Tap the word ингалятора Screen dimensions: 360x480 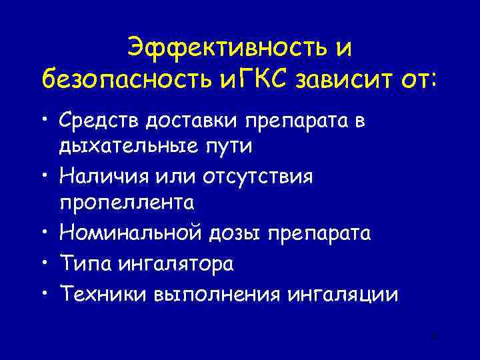[176, 263]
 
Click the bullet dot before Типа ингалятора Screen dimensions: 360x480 [43, 263]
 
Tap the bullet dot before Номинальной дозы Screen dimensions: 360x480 [43, 233]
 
